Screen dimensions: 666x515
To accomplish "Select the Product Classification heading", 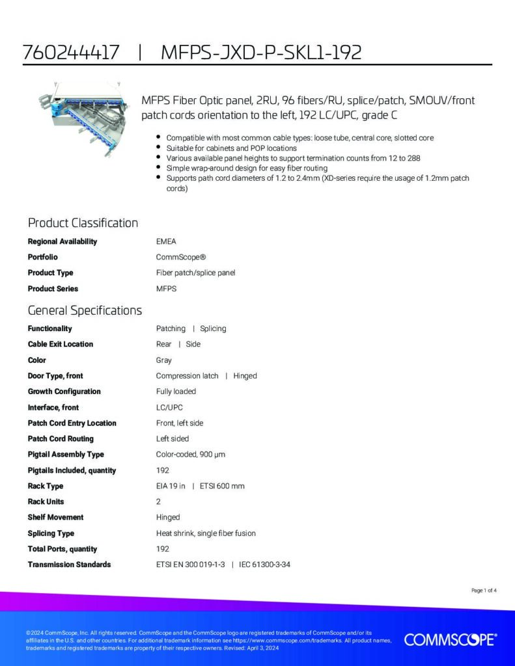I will (x=83, y=223).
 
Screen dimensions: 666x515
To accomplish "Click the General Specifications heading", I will (x=85, y=310).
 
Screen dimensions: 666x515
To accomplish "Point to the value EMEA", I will (x=166, y=241).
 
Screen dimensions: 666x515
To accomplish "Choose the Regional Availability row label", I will (x=62, y=241).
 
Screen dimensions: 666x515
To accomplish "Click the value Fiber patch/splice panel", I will (x=195, y=273).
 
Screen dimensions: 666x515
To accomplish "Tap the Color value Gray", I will (x=163, y=360).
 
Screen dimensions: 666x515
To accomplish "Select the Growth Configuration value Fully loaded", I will (x=176, y=392).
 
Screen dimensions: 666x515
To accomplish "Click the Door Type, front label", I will (x=55, y=376).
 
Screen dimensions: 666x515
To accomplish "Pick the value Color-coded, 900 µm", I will (x=190, y=455).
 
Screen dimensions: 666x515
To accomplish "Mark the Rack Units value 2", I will (x=158, y=501).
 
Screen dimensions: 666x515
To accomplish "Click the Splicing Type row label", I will (x=51, y=533).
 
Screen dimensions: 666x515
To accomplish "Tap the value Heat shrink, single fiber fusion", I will (x=206, y=533).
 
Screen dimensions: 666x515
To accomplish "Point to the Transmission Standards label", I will (x=69, y=565).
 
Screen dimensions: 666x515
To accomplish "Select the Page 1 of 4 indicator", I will (x=484, y=591).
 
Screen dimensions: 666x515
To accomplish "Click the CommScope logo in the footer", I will (x=450, y=640).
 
